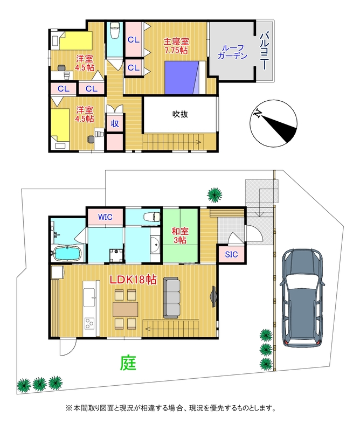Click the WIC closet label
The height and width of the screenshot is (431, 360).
pos(105,217)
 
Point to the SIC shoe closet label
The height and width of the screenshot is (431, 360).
pos(231,253)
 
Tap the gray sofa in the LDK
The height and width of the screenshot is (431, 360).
pos(172,297)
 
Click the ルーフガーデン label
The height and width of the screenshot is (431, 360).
pos(232,51)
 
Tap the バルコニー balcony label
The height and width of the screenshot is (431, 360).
pos(264,51)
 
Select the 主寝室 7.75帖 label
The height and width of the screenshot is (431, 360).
pos(176,45)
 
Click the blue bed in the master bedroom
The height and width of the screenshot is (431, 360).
pos(182,77)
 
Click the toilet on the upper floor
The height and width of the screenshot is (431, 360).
pos(114,32)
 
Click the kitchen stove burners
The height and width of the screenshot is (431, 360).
pos(88,323)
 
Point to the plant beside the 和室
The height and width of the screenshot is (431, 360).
pos(214,194)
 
